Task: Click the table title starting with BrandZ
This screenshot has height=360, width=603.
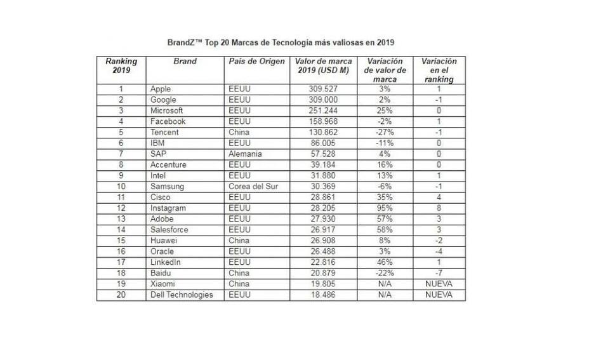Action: [281, 43]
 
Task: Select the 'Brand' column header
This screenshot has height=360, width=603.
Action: [185, 62]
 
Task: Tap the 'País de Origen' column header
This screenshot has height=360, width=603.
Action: [256, 62]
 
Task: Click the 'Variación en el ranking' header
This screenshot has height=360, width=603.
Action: [439, 70]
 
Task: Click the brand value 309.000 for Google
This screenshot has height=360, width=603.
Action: [323, 100]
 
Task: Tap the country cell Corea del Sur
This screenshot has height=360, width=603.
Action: [254, 187]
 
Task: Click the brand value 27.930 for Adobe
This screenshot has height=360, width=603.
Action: [323, 219]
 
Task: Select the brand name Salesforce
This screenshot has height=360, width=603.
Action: [168, 230]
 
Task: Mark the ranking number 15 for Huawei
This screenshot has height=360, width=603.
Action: [121, 241]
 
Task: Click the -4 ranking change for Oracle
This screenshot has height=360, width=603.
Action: [439, 251]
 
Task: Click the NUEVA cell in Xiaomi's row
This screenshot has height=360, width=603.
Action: [439, 284]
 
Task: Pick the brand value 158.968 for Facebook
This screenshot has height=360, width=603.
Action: [323, 122]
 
